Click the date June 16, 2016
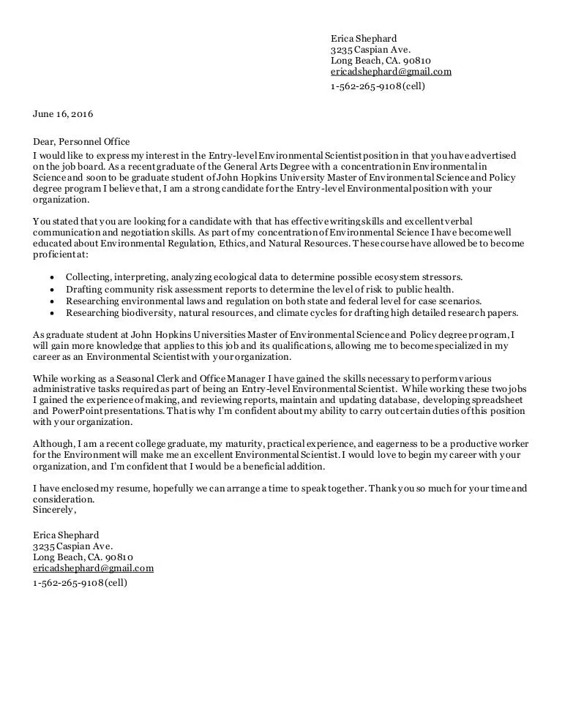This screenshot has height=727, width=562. point(63,114)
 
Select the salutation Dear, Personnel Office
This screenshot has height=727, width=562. point(81,142)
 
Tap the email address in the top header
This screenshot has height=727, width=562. point(391,72)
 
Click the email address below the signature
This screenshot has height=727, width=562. point(93,568)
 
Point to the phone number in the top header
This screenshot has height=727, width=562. point(377,86)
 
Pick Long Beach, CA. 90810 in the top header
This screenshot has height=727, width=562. point(380,61)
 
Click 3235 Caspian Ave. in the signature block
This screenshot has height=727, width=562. point(72,546)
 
